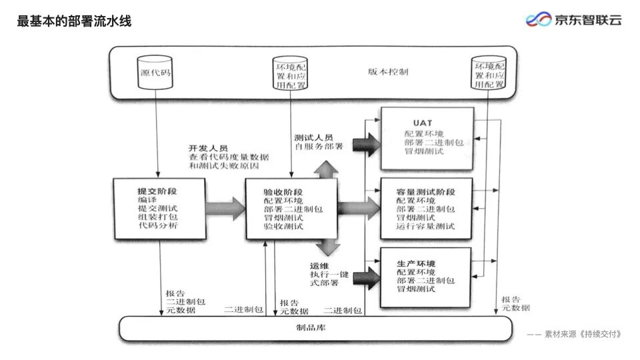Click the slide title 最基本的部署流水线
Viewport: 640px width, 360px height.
pos(74,21)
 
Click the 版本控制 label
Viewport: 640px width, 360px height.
pos(388,72)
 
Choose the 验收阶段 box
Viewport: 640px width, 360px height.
pos(291,209)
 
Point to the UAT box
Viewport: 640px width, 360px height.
pos(427,137)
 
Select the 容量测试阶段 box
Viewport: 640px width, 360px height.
pos(427,209)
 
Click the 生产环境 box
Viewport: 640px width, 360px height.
pos(427,277)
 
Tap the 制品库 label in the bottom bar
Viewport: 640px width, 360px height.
pos(311,327)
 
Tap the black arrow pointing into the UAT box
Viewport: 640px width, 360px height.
pos(365,143)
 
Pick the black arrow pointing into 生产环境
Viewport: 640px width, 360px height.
pos(365,275)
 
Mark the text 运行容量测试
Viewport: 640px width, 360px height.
pos(425,227)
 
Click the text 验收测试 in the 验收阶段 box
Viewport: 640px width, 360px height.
pos(283,227)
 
